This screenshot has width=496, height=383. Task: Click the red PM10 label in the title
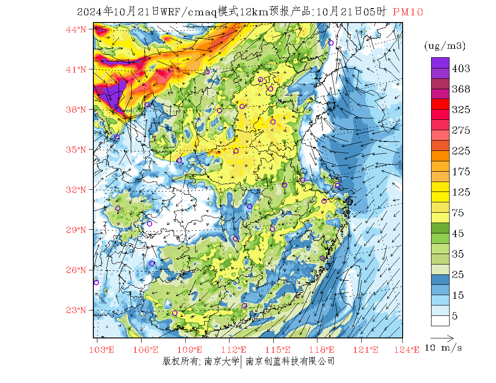tap(408, 12)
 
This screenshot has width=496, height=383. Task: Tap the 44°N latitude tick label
tap(76, 29)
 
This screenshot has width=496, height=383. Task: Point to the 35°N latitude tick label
tap(76, 150)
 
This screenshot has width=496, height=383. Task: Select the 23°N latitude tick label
tap(76, 310)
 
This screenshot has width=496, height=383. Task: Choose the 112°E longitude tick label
tap(236, 350)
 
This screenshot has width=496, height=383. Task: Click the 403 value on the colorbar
tap(461, 68)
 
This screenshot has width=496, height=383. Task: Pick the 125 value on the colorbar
tap(461, 192)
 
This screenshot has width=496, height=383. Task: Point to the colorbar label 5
tap(455, 316)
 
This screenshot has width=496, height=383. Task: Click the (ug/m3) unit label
tap(445, 46)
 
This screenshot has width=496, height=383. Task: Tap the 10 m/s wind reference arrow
tap(441, 337)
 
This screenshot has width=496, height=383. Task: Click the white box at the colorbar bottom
tap(440, 320)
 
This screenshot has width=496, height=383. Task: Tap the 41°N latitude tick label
tap(76, 69)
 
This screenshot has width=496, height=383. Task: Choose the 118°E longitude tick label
tap(325, 350)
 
